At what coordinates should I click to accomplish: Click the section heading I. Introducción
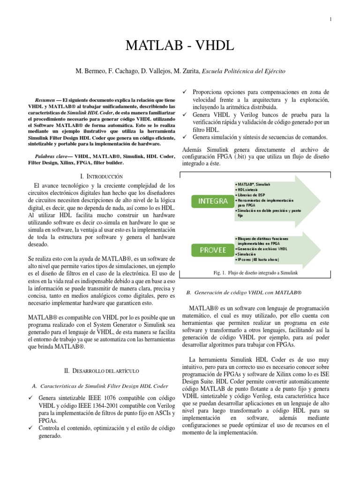click(101, 176)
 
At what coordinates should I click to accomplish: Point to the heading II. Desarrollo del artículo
click(101, 370)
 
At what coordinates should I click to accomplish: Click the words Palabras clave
click(52, 155)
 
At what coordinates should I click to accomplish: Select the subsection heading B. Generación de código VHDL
click(243, 292)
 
